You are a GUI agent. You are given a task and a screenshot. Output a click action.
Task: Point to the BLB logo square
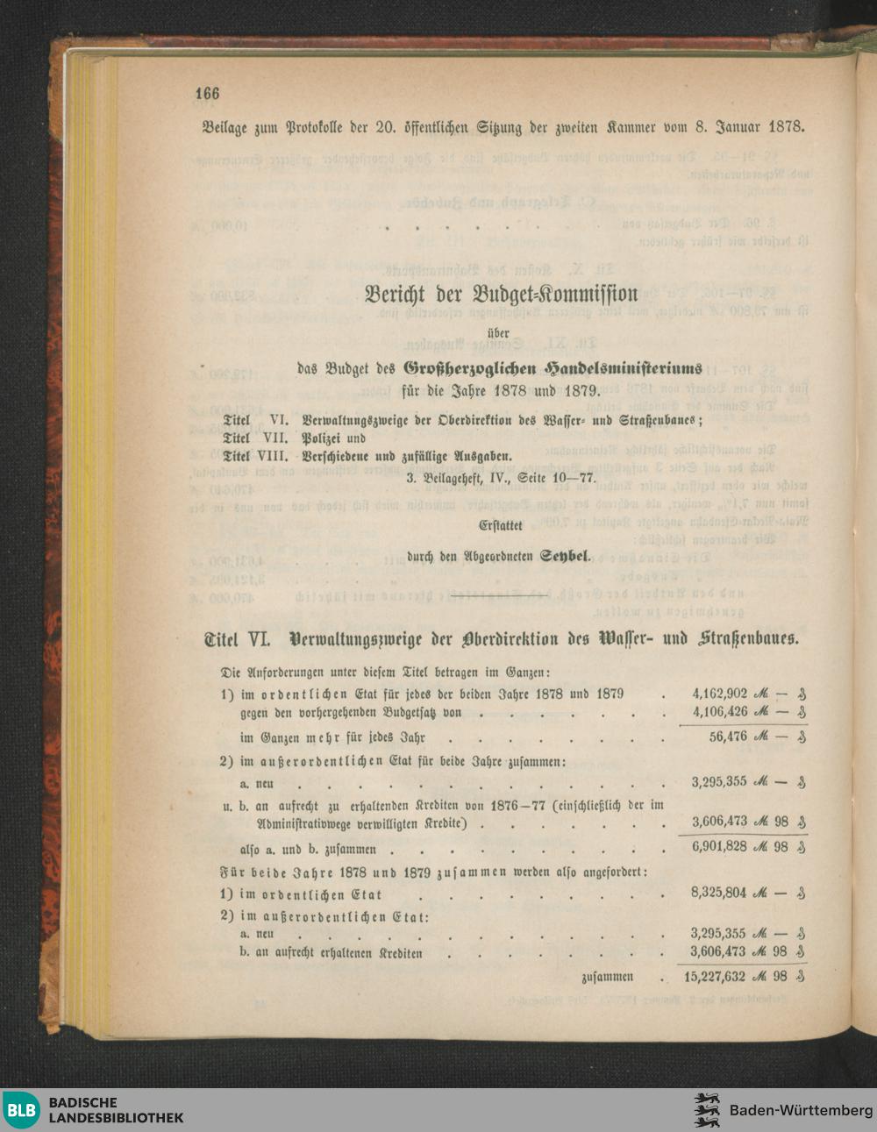coord(22,1110)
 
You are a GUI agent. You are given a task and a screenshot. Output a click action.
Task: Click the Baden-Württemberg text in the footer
coord(801,1110)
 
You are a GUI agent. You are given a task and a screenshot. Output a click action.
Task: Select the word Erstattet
coord(501,526)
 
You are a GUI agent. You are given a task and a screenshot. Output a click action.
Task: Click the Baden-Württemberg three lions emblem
coord(707,1110)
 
